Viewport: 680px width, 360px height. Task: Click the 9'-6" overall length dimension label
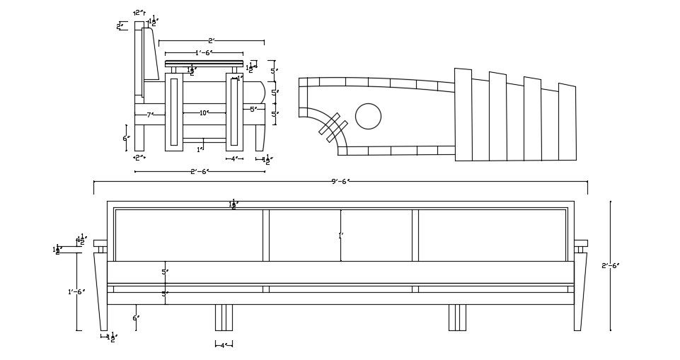tap(340, 181)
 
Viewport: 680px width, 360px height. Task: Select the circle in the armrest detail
tap(368, 117)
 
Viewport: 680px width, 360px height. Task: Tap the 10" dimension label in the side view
tap(203, 113)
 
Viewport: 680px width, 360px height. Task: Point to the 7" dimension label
tap(149, 115)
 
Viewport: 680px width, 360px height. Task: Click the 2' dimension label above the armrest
tap(211, 41)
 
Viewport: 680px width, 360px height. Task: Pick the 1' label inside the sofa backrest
tap(340, 236)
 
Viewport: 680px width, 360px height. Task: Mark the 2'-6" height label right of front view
tap(610, 266)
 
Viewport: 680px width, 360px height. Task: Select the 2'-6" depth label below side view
tap(200, 171)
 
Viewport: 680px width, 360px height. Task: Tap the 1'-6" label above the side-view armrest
tap(204, 53)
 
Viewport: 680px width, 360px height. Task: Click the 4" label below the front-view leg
tap(223, 345)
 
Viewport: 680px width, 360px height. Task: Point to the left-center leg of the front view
tap(223, 318)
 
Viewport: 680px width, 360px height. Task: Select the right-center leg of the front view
tap(457, 318)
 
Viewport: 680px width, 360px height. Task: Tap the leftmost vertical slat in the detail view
tap(463, 115)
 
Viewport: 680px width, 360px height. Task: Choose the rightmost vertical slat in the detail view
tap(567, 122)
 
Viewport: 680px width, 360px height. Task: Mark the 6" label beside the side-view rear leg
tap(125, 138)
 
